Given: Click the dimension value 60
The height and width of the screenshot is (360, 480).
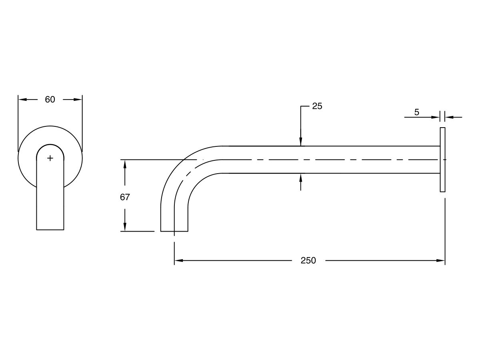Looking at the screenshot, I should pos(50,100).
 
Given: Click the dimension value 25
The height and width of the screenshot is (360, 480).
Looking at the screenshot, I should pos(317,106).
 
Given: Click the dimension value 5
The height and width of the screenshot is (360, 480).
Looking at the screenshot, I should pos(416,112).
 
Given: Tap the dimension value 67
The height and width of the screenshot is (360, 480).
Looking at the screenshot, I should pos(125,197).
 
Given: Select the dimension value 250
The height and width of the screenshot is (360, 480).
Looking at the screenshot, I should pos(308,261).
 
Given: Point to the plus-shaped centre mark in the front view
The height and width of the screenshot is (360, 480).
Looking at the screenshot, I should pos(50,158).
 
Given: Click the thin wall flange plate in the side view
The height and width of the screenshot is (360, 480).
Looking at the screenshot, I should pos(442,160).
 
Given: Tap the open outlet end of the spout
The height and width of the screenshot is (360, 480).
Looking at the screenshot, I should pos(174,231).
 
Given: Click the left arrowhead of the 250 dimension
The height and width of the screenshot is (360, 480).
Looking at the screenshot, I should pos(178,261).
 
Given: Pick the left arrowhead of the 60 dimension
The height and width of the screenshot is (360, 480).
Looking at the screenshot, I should pos(22,100).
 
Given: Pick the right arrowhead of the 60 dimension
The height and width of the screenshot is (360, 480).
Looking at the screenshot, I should pos(78,100).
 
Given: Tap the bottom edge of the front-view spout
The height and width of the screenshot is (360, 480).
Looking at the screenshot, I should pos(50,230).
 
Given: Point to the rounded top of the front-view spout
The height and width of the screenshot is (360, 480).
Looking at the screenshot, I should pos(50,145).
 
